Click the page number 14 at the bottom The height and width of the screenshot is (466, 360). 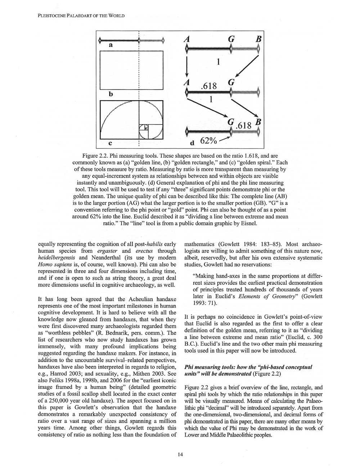[180, 454]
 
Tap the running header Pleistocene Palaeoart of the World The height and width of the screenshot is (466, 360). [81, 16]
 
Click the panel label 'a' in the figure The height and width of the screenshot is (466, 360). [111, 45]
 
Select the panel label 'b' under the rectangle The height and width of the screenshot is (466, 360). [111, 94]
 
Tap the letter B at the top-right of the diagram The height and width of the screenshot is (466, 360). [258, 39]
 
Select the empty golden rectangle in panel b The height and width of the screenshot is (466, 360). [132, 70]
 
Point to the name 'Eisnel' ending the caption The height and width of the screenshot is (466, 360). [248, 223]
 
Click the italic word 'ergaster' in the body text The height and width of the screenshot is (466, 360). [108, 251]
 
